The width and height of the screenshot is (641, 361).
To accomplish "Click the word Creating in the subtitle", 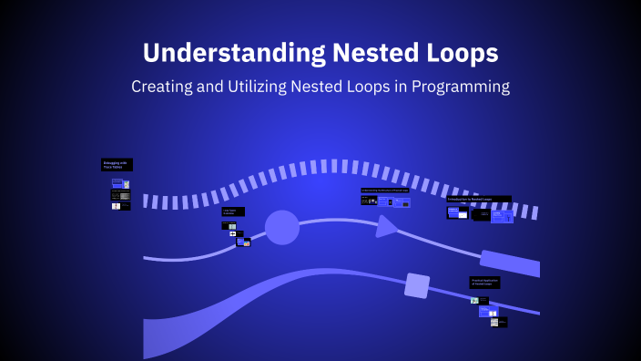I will click(164, 87).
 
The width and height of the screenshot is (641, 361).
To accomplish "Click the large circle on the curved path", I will click(281, 227).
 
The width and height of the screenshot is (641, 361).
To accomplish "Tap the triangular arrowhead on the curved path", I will click(387, 225).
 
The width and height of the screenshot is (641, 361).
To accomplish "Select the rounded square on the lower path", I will click(417, 285).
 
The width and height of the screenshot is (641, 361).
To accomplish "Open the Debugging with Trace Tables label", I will click(117, 165).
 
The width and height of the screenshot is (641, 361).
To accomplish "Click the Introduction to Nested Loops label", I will click(479, 199).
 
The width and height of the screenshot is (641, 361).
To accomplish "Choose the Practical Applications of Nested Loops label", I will click(484, 283).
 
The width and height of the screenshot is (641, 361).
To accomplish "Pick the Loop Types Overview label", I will click(233, 211).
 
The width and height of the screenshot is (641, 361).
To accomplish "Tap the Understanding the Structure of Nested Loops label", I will click(384, 191).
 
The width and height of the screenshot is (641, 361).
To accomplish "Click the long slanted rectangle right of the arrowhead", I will click(510, 263).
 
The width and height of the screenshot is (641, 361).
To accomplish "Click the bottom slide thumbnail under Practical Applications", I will click(498, 322).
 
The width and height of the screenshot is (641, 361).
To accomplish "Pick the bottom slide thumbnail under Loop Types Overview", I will click(243, 242).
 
